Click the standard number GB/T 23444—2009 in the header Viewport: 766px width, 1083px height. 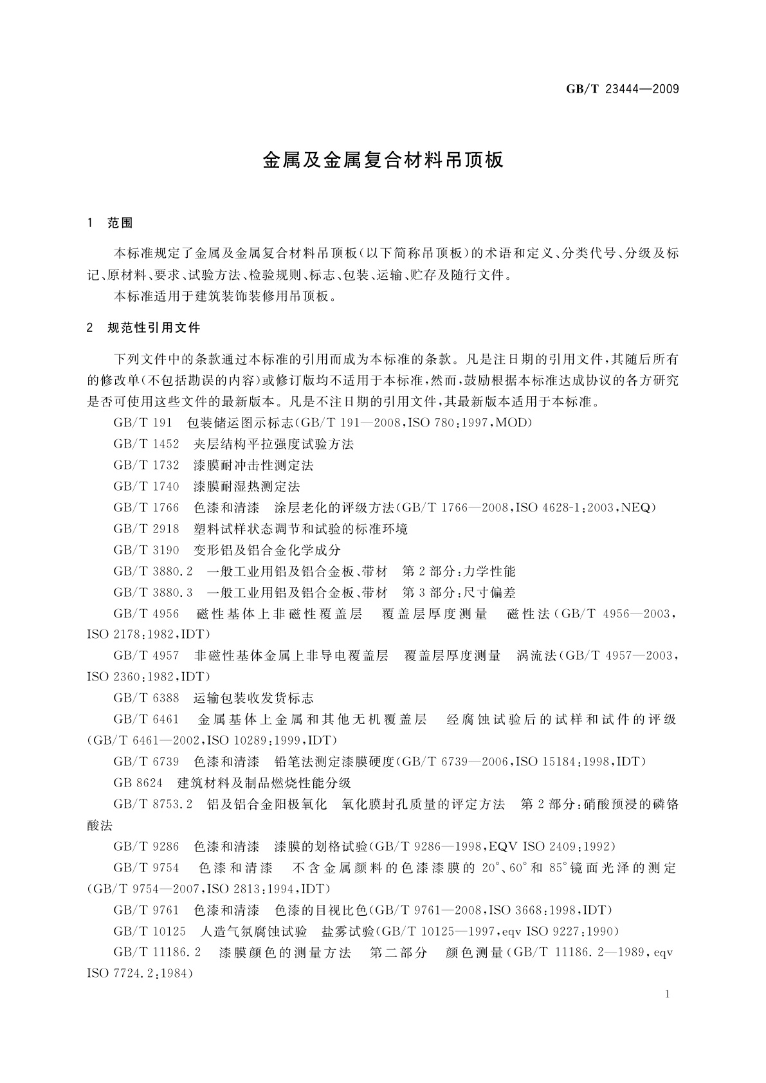pyautogui.click(x=622, y=89)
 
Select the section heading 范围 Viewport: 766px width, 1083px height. pyautogui.click(x=120, y=223)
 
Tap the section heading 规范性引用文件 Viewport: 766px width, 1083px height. pyautogui.click(x=154, y=328)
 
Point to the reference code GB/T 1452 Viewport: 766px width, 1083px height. pyautogui.click(x=146, y=444)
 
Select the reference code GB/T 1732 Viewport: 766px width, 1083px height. pyautogui.click(x=146, y=466)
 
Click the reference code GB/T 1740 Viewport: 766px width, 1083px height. pyautogui.click(x=146, y=487)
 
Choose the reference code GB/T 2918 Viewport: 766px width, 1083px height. pyautogui.click(x=146, y=529)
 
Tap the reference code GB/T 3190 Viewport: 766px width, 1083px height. pyautogui.click(x=146, y=551)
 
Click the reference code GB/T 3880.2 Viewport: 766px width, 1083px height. pyautogui.click(x=153, y=572)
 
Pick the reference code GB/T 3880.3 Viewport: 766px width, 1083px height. pyautogui.click(x=153, y=593)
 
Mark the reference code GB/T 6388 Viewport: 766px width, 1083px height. pyautogui.click(x=146, y=698)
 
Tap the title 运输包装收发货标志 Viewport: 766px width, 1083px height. pyautogui.click(x=253, y=698)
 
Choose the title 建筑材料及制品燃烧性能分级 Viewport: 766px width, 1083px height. pyautogui.click(x=264, y=783)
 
